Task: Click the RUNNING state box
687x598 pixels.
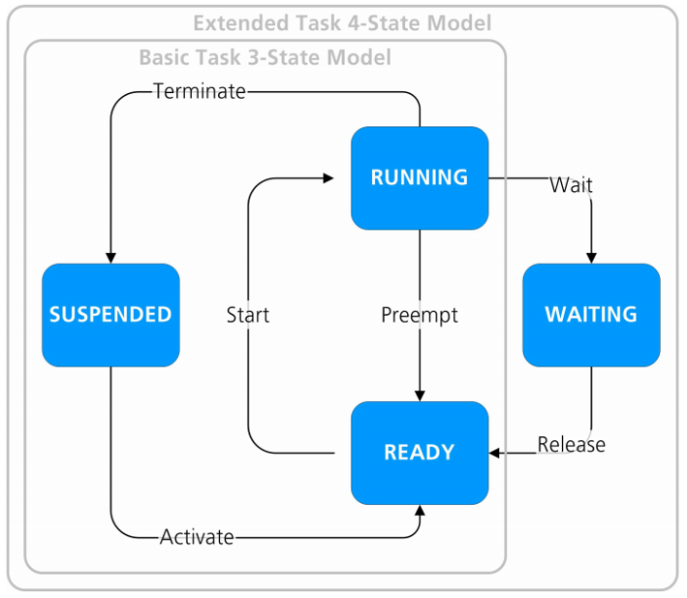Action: tap(420, 177)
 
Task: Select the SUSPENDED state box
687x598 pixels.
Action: tap(110, 315)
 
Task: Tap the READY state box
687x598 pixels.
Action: tap(420, 453)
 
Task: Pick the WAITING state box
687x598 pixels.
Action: tap(591, 315)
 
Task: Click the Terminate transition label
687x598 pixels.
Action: tap(200, 92)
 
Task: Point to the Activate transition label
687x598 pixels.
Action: tap(197, 536)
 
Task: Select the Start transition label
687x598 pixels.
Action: tap(248, 315)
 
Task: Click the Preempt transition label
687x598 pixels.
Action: tap(420, 315)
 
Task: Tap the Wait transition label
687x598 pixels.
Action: tap(571, 184)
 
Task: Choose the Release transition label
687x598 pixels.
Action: tap(572, 444)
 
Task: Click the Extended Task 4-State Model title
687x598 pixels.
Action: tap(342, 22)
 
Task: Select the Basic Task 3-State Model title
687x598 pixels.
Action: tap(265, 58)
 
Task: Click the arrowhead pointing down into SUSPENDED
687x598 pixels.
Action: tap(110, 257)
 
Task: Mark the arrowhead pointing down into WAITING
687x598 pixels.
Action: tap(591, 257)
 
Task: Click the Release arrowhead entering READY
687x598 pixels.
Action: tap(495, 453)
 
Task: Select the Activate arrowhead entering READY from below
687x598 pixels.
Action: tap(420, 511)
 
